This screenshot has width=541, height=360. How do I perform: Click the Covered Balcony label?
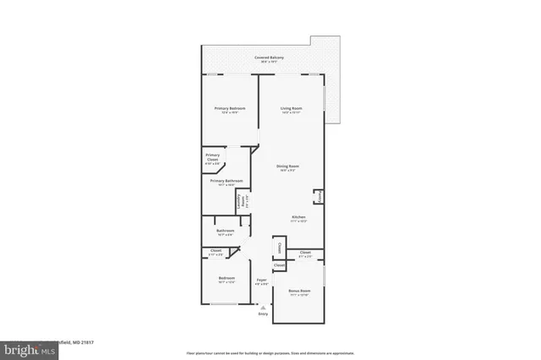(270, 57)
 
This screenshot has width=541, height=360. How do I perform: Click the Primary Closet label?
(212, 158)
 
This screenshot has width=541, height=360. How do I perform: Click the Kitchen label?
(298, 217)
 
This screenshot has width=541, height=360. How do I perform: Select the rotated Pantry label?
(320, 197)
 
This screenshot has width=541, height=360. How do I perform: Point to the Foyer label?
(262, 279)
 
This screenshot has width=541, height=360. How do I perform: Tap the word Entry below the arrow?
(262, 314)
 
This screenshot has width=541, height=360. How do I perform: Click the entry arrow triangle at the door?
(262, 308)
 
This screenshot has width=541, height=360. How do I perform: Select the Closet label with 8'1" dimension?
(305, 252)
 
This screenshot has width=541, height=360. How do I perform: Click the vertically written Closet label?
(278, 248)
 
